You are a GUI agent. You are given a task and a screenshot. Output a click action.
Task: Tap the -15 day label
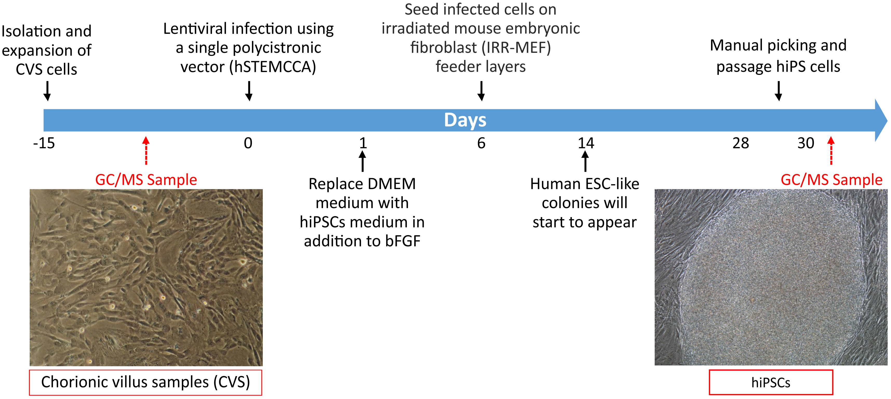44,143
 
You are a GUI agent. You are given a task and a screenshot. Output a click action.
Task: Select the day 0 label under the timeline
248,143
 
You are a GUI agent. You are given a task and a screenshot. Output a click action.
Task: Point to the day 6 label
481,143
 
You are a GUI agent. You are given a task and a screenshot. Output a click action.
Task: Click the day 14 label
586,143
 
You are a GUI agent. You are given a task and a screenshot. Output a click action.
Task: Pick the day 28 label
741,143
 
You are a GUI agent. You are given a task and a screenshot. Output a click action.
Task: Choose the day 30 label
806,143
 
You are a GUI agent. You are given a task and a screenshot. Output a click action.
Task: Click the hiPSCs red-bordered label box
771,382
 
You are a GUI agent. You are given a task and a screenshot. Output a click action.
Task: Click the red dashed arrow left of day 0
146,150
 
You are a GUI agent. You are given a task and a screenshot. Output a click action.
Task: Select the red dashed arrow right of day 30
831,150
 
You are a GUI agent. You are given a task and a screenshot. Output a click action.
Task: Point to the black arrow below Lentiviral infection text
249,91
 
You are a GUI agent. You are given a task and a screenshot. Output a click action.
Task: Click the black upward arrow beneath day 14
585,162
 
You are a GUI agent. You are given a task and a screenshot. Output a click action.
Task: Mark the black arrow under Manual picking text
779,91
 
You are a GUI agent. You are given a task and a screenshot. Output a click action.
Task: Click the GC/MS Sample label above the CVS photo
146,180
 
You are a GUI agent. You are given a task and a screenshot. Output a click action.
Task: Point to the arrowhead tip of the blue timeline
887,120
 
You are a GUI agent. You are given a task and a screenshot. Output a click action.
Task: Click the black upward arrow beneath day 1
363,162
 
